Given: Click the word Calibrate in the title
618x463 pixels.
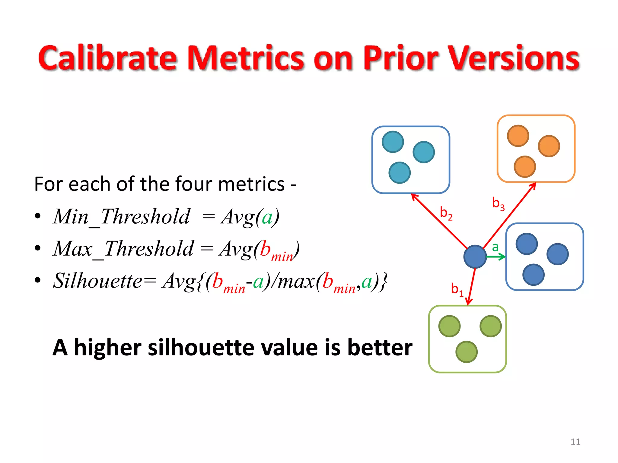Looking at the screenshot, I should pos(107,58).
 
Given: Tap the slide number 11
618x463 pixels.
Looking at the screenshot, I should pos(575,442).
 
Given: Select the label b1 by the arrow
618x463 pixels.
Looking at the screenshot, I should pos(457,289).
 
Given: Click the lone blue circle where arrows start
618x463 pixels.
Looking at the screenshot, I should pos(475,257).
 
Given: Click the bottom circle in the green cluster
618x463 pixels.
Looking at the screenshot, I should pos(466,352).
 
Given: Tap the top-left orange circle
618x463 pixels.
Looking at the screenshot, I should pos(518,136).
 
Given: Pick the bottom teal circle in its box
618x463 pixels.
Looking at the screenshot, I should pos(400,173).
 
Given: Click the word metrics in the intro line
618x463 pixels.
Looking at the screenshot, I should pos(251,184).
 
